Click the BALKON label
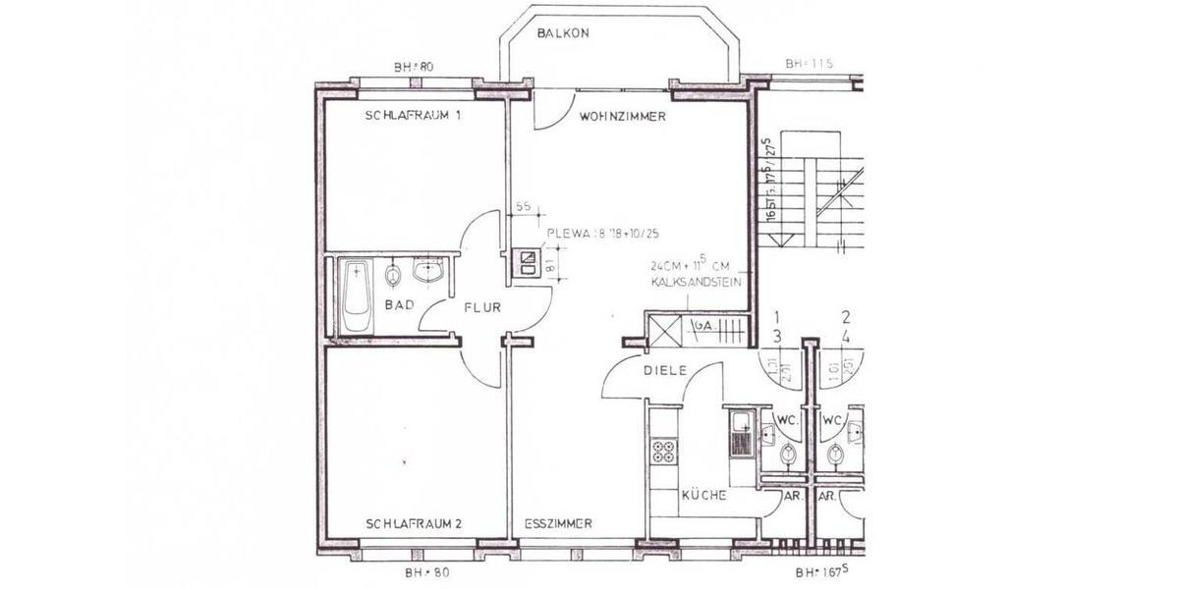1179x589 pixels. pos(563,33)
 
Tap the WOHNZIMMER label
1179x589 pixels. pos(623,116)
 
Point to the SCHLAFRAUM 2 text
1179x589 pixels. pos(413,524)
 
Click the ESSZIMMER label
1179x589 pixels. pos(558,524)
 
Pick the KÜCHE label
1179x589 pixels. pos(703,496)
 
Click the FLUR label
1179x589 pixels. pos(482,307)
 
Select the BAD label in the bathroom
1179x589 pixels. pos(398,305)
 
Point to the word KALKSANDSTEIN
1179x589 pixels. pos(694,283)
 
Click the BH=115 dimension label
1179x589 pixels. pos(809,64)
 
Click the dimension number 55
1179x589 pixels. pos(523,207)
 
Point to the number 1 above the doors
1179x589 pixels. pos(776,317)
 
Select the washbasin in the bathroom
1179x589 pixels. pos(429,270)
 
